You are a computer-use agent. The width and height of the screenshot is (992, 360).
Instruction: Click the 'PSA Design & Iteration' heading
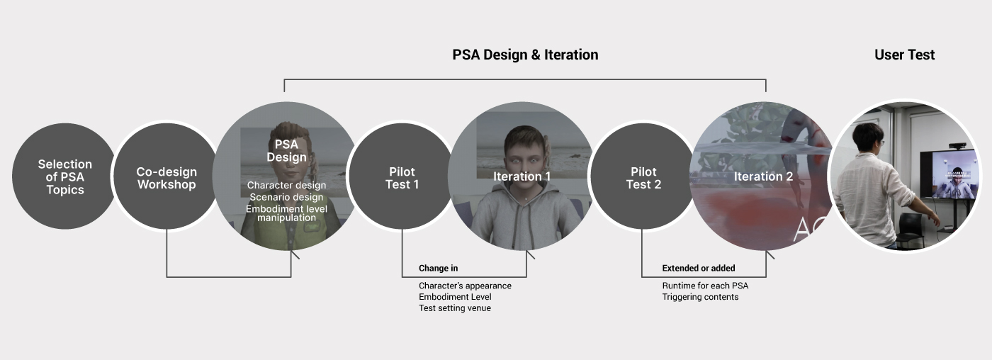point(525,55)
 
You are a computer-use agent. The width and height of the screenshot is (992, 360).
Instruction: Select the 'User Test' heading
point(904,55)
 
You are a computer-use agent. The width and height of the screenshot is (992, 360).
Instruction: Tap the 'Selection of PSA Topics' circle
point(64,176)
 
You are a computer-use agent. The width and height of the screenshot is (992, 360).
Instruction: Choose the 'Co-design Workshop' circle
point(167,176)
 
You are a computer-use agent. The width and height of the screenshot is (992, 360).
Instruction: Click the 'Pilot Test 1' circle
point(402,176)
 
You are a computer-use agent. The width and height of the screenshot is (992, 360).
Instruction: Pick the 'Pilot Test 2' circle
point(643,176)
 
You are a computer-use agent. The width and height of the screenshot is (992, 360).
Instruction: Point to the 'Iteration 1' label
point(522,176)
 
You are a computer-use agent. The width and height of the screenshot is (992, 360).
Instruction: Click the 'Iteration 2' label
point(763,176)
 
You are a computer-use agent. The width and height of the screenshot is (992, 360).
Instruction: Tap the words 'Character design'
point(286,185)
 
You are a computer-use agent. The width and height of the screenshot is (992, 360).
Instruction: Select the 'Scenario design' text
point(286,197)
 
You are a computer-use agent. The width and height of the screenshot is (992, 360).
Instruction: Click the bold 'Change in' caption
point(439,269)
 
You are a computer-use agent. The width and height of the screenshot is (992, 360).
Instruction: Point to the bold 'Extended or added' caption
point(699,269)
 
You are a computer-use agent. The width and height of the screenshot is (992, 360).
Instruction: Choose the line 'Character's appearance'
point(465,286)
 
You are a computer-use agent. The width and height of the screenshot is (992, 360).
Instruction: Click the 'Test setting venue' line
point(455,308)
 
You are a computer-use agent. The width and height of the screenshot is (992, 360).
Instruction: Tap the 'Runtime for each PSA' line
point(705,286)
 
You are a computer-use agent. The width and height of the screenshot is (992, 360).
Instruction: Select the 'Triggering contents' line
point(700,297)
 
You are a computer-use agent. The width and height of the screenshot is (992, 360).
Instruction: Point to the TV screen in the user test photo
point(948,175)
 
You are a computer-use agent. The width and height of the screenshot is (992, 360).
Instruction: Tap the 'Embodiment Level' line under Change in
point(455,297)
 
